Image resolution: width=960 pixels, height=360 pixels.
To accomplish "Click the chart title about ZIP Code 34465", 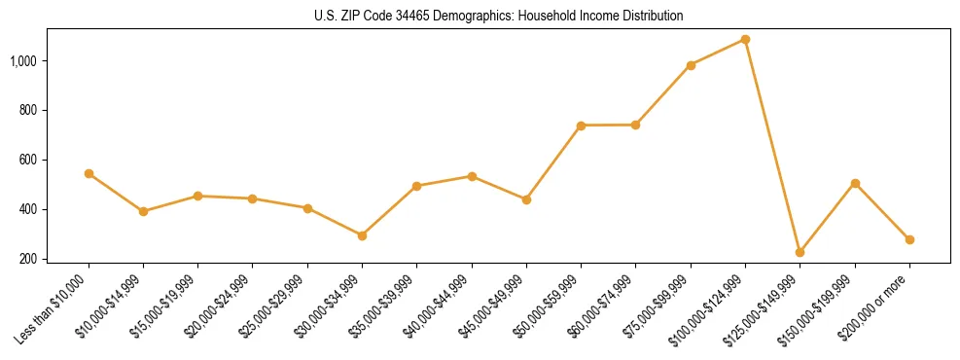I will pos(499,17).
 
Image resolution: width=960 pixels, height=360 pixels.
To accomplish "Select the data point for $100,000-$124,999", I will pos(745,40).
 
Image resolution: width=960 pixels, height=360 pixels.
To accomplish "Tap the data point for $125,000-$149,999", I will pos(800,252).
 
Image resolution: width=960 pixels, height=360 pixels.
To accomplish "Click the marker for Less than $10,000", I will pos(89,174).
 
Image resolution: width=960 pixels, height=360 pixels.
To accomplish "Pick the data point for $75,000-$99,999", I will pos(691,65).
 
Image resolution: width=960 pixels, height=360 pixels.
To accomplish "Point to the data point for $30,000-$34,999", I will pos(362,235).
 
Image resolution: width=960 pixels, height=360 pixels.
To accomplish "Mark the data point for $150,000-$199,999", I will pos(855,183).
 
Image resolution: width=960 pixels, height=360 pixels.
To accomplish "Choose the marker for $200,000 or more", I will pos(909,239).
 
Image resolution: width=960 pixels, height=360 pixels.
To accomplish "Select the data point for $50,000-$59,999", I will pos(581,126).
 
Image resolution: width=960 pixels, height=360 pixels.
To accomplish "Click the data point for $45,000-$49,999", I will pos(526,199).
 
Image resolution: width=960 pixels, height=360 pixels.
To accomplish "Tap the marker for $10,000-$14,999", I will pos(143,211).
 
